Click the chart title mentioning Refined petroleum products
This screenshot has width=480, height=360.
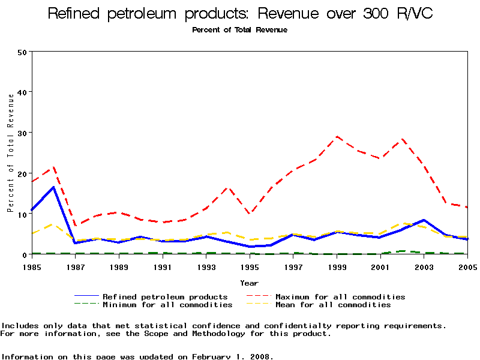(240, 14)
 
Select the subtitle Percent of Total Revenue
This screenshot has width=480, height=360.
(240, 30)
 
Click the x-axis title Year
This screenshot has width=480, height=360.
(250, 283)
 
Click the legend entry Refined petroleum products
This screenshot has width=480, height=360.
(165, 296)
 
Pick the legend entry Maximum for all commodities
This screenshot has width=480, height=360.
(340, 296)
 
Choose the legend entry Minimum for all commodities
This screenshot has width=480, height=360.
(167, 305)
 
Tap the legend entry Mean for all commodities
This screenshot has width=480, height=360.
(333, 305)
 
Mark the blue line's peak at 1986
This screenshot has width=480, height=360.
(53, 187)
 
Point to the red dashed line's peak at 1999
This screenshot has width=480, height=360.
(337, 137)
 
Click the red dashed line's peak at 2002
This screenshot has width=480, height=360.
(403, 140)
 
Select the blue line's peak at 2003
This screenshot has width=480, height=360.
(424, 220)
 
